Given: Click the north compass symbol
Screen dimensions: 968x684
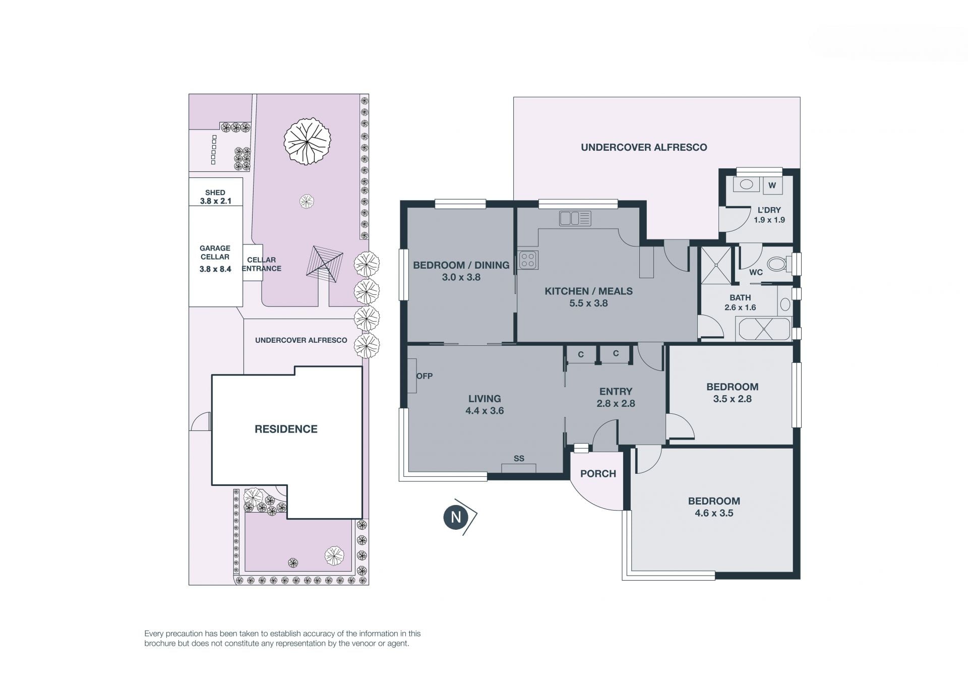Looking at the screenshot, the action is click(460, 517).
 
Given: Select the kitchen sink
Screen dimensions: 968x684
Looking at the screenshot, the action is click(575, 218).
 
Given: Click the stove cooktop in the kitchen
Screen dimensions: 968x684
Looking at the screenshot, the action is click(528, 260).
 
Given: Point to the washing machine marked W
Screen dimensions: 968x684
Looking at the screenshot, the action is click(772, 185).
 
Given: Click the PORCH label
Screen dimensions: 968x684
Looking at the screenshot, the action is click(598, 474).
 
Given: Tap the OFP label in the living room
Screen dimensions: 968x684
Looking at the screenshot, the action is click(425, 376).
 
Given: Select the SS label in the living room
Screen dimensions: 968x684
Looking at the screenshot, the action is click(519, 459).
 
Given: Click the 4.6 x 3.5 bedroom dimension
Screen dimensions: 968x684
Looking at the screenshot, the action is click(714, 513).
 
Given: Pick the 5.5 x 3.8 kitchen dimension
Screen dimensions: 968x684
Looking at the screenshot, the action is click(588, 303).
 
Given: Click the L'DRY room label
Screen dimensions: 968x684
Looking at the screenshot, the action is click(769, 210).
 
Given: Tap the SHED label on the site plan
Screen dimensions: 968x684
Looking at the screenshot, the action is click(215, 193).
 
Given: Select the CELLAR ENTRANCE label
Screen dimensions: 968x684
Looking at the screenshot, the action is click(262, 264).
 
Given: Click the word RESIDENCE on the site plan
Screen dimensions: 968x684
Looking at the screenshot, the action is click(286, 429).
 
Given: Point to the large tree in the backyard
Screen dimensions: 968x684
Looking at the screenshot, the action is click(307, 141).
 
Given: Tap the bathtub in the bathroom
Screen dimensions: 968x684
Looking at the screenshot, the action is click(763, 329).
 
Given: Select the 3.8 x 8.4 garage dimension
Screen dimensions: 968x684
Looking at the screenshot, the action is click(215, 269).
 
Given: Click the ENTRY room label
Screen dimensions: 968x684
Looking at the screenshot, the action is click(616, 392).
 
